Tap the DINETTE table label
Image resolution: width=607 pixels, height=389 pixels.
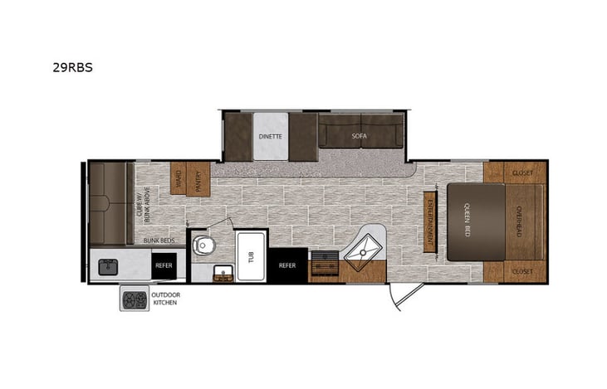[x=271, y=136]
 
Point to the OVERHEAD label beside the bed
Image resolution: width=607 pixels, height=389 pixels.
[x=517, y=221]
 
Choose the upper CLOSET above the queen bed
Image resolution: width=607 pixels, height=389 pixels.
[x=522, y=173]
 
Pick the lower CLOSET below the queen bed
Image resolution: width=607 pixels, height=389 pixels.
[x=522, y=271]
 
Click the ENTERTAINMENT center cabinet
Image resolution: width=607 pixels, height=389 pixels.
[x=430, y=221]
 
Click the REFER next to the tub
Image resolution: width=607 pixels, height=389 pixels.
[x=287, y=265]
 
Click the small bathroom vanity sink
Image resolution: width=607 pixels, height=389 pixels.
[x=223, y=274]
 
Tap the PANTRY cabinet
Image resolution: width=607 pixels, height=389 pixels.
[x=198, y=177]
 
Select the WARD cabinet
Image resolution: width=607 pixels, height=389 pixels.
[x=177, y=177]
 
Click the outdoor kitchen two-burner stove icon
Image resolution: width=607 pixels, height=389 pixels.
[x=132, y=299]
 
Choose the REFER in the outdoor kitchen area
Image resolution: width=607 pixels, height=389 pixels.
[x=163, y=265]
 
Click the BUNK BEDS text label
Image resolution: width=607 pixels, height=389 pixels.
[x=159, y=240]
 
